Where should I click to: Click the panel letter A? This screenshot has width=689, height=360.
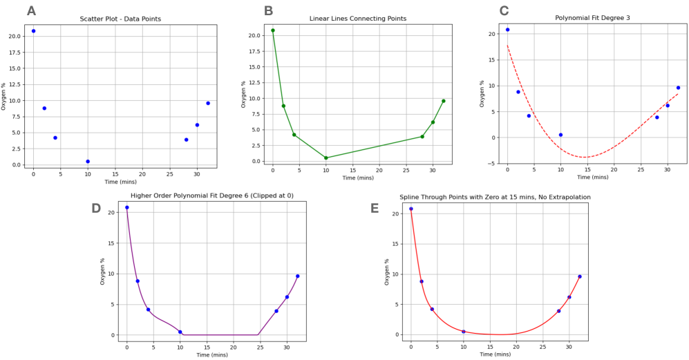tap(31, 10)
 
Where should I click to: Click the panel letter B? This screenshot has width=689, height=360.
tap(268, 10)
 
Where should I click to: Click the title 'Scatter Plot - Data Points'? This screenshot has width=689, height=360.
tap(120, 19)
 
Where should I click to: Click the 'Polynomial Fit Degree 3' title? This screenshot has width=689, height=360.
tap(592, 18)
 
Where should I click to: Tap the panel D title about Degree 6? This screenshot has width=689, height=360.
tap(211, 196)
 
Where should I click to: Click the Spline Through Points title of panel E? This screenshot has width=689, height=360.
tap(495, 197)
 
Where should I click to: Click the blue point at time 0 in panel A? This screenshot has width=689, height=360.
tap(33, 31)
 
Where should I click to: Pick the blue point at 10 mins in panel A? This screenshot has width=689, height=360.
tap(88, 161)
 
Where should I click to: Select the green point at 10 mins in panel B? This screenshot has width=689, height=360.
tap(326, 158)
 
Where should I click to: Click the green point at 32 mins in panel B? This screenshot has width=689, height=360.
tap(443, 101)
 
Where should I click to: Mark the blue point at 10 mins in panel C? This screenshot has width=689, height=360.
tap(560, 135)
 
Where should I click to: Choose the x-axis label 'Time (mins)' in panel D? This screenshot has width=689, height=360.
tap(211, 354)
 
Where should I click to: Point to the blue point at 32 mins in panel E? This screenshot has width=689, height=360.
tap(580, 276)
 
